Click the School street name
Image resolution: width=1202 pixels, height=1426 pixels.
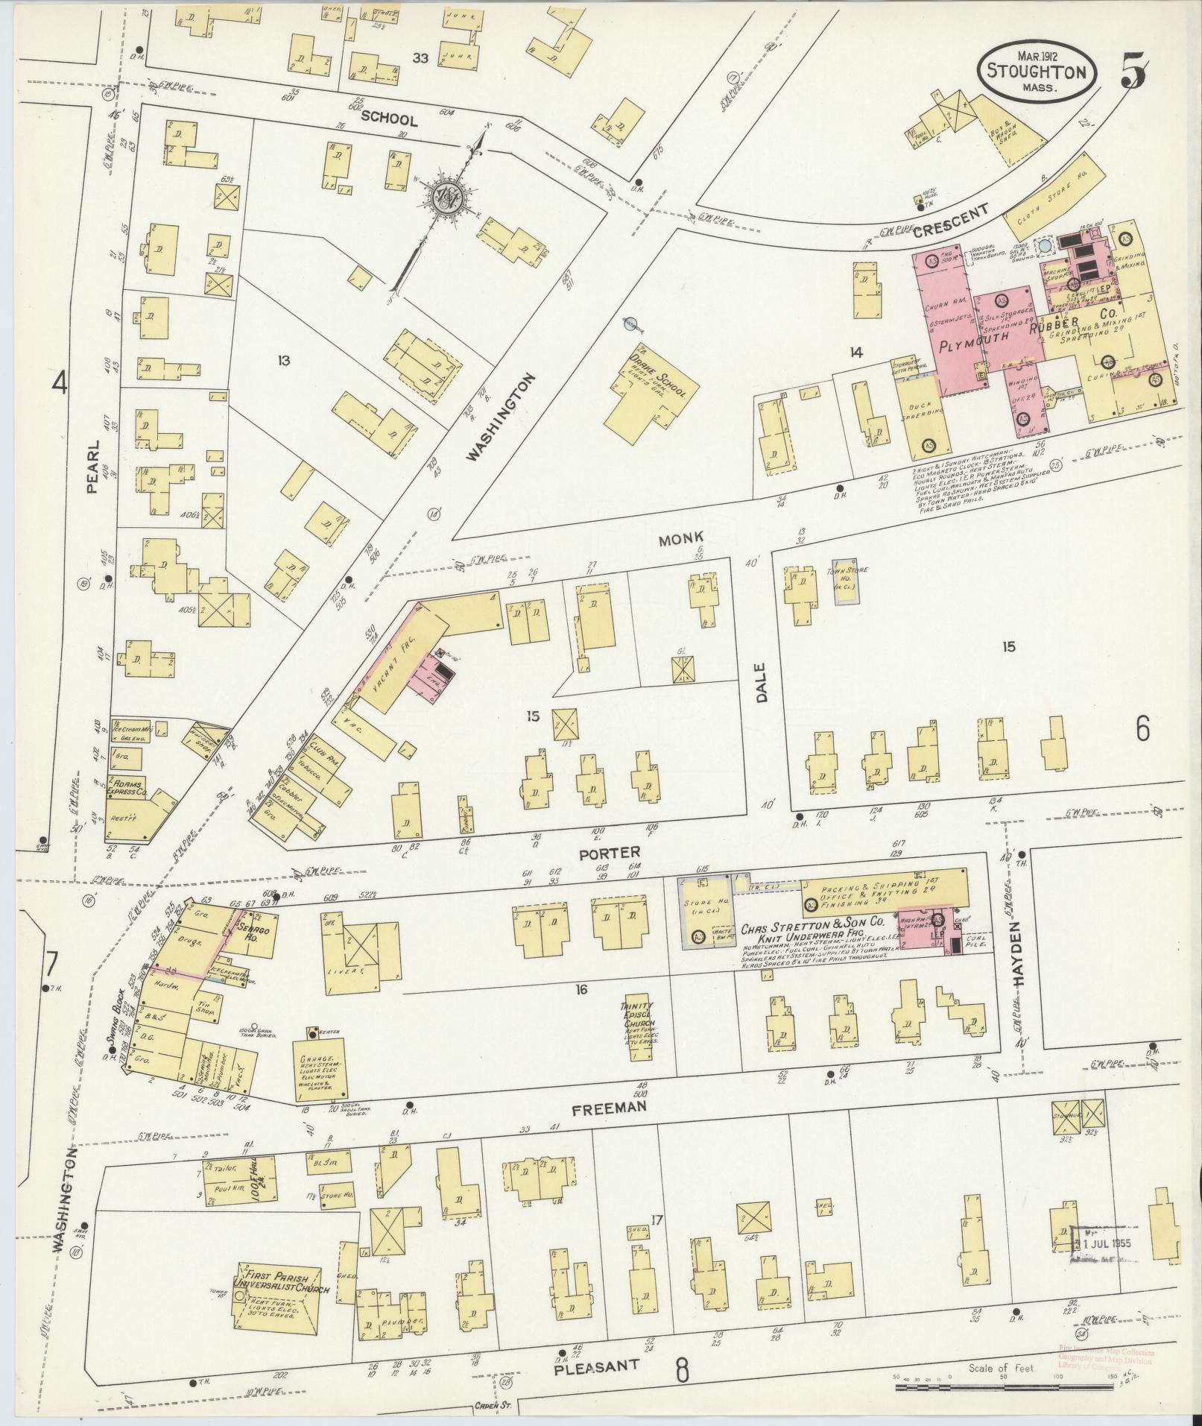point(390,119)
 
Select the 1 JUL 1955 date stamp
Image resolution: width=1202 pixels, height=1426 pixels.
point(1105,1243)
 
